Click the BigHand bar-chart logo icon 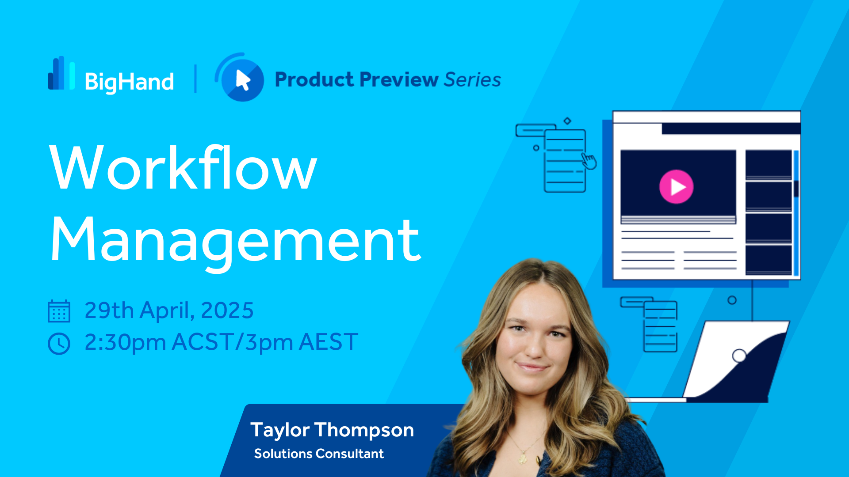point(61,73)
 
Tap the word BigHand point(129,82)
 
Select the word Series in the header point(472,80)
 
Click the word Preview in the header point(399,80)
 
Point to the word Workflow point(183,167)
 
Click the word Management point(236,241)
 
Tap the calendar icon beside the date point(59,311)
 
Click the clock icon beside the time point(59,344)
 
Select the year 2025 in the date point(227,310)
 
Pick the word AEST point(329,342)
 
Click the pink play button point(676,187)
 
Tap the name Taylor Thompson point(332,430)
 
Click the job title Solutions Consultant point(319,454)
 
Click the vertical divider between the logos point(195,79)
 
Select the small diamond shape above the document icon point(567,121)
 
